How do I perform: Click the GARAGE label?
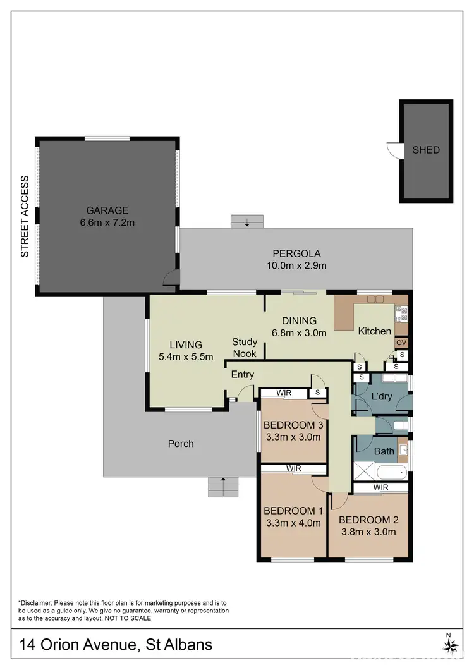click(107, 210)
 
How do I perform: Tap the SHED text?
click(425, 150)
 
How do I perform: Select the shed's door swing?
click(395, 150)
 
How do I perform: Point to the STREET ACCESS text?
click(25, 216)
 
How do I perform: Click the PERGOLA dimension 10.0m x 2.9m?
click(296, 265)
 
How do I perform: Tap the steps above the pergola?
click(247, 221)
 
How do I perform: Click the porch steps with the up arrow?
click(222, 487)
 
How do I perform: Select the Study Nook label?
click(245, 348)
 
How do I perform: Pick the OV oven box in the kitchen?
click(401, 343)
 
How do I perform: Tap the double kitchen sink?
click(375, 299)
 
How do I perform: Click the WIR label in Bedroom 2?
click(380, 488)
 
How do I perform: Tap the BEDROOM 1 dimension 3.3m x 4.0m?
click(292, 523)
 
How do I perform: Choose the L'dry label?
click(382, 397)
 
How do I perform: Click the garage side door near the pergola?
click(169, 277)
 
